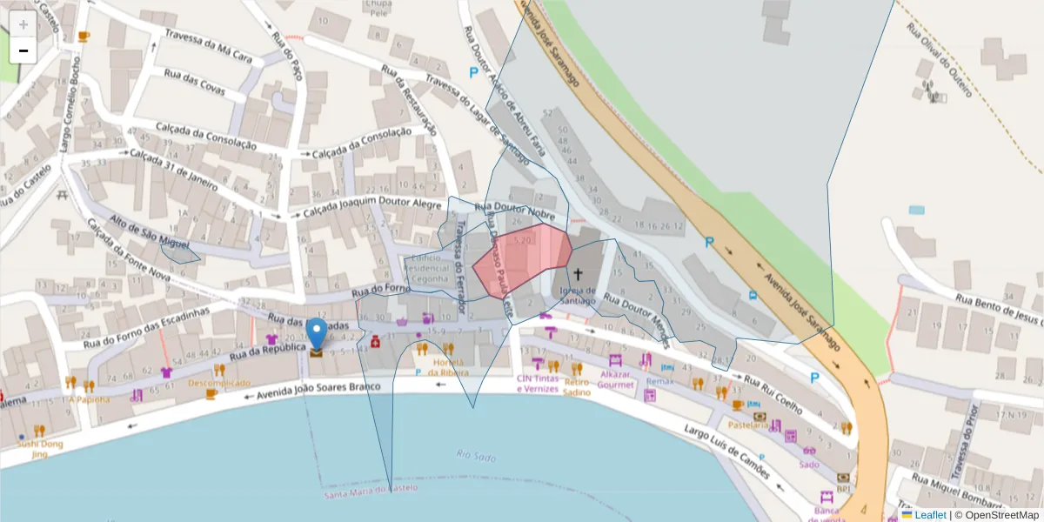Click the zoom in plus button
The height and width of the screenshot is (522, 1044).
(23, 23)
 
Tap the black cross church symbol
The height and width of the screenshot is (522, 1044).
(578, 274)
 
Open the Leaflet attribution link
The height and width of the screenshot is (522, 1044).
(930, 515)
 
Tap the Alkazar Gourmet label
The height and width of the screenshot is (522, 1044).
(616, 378)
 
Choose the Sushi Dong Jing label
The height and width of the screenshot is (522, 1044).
(40, 449)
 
